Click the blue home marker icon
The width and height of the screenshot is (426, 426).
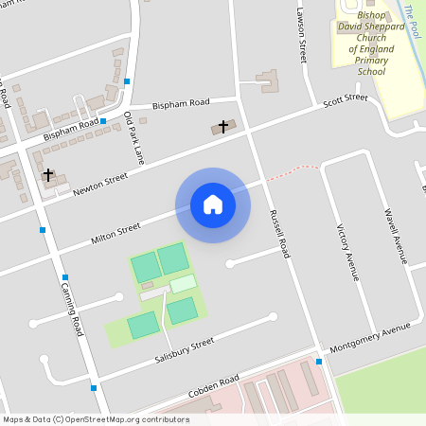212,204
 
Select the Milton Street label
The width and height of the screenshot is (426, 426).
115,233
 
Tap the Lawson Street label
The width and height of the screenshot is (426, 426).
303,37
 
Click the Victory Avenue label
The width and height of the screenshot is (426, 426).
347,252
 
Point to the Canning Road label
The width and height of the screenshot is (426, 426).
73,311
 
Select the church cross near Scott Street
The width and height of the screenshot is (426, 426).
223,125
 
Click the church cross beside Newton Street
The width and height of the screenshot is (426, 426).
47,174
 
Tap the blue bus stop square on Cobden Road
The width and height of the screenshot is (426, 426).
319,362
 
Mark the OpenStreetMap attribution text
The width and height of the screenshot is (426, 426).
96,419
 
